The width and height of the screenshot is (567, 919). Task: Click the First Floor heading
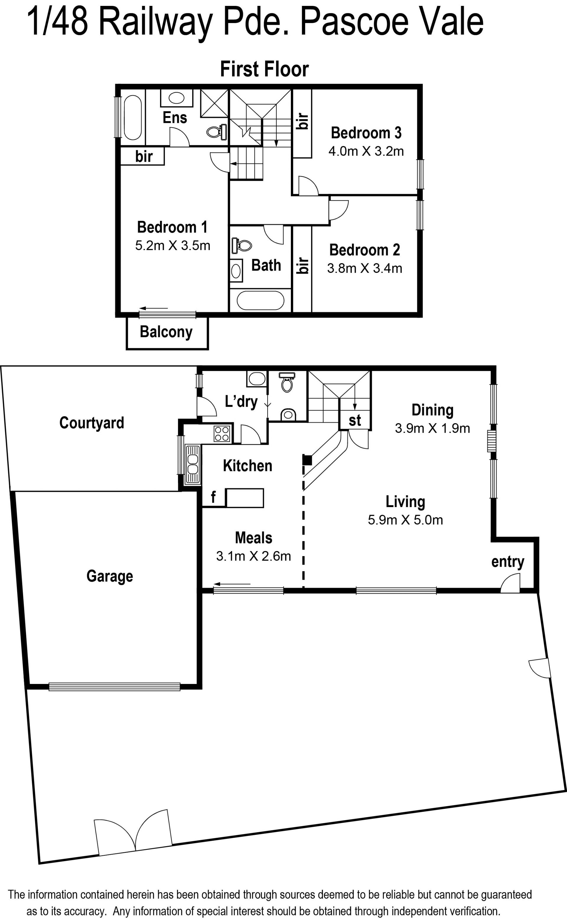264,69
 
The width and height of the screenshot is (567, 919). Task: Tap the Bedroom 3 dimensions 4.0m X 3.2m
366,151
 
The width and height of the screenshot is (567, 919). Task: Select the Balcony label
166,332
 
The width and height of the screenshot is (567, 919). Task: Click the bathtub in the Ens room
132,117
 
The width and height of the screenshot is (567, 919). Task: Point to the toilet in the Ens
217,132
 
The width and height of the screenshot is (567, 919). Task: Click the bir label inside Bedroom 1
144,156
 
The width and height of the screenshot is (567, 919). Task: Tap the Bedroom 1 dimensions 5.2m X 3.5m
172,246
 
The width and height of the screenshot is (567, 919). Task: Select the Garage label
110,577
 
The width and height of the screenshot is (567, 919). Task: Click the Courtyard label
92,423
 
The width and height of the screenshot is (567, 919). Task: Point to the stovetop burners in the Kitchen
221,434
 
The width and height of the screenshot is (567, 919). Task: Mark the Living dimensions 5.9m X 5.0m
405,520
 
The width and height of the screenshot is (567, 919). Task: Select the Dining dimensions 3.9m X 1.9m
432,428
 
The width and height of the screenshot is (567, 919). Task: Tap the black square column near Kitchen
307,460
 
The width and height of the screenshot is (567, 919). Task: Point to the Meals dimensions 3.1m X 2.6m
253,556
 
